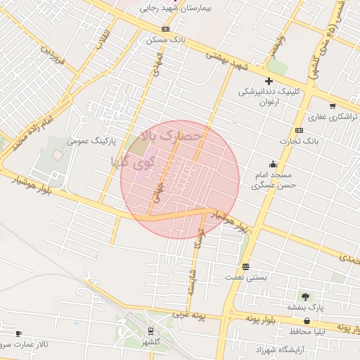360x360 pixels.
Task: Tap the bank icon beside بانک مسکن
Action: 165,29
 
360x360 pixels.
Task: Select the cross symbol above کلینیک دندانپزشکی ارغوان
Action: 269,81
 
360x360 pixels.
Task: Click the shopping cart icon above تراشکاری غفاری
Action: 333,106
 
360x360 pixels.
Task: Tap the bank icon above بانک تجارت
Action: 300,130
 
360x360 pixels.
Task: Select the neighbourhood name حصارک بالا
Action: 172,134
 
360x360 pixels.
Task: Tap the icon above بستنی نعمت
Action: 245,266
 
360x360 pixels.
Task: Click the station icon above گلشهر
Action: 150,331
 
